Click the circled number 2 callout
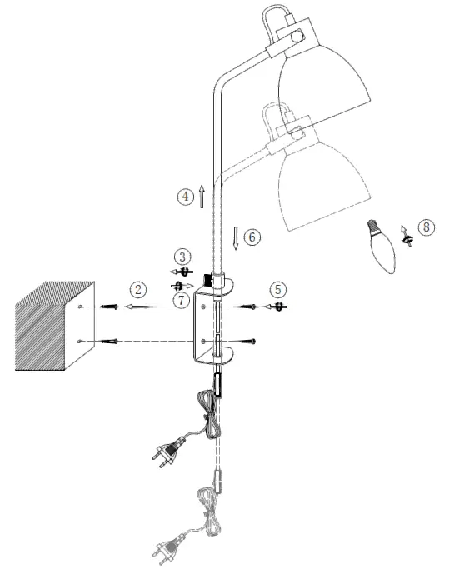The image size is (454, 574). [137, 289]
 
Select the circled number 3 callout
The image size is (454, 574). [182, 255]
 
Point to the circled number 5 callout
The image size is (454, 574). [279, 289]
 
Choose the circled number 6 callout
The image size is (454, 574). [253, 237]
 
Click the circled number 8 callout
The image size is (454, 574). [425, 227]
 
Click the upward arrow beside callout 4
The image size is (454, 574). [202, 195]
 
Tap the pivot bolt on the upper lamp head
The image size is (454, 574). [297, 36]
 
